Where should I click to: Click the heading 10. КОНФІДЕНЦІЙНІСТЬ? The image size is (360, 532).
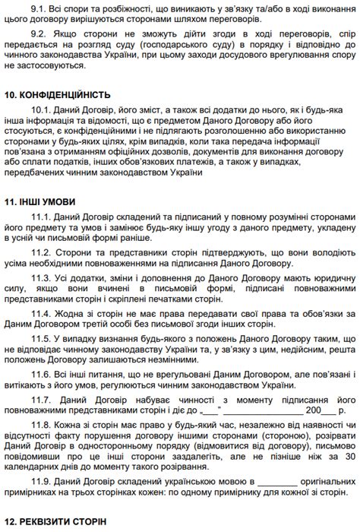[x=58, y=96]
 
